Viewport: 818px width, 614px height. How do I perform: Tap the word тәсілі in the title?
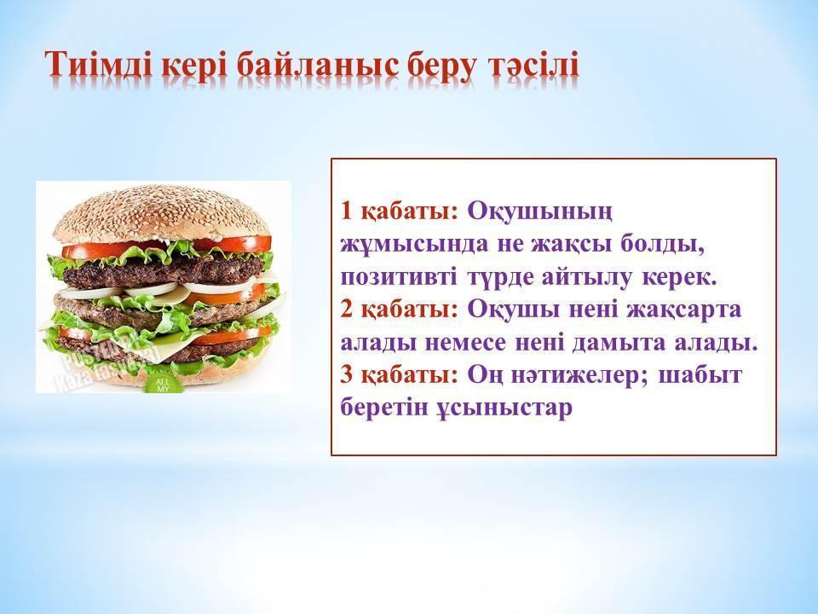(x=533, y=66)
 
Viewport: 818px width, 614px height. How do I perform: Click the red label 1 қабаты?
(x=399, y=211)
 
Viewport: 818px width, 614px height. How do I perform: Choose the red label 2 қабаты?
(x=399, y=310)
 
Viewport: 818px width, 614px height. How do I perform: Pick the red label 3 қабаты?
(x=399, y=375)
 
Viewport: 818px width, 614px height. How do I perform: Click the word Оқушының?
(x=539, y=212)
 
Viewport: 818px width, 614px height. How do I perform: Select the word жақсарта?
(x=683, y=310)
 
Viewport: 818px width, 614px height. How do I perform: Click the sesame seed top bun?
(x=162, y=214)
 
